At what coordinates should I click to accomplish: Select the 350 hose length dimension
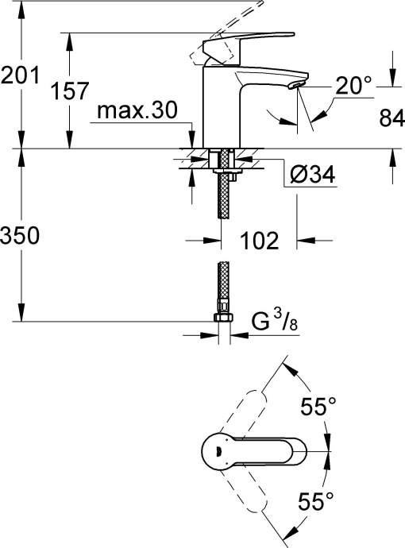[20, 236]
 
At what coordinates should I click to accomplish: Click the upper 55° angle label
[318, 407]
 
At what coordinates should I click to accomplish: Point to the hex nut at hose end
[224, 318]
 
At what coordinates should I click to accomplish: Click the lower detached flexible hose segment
[224, 288]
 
